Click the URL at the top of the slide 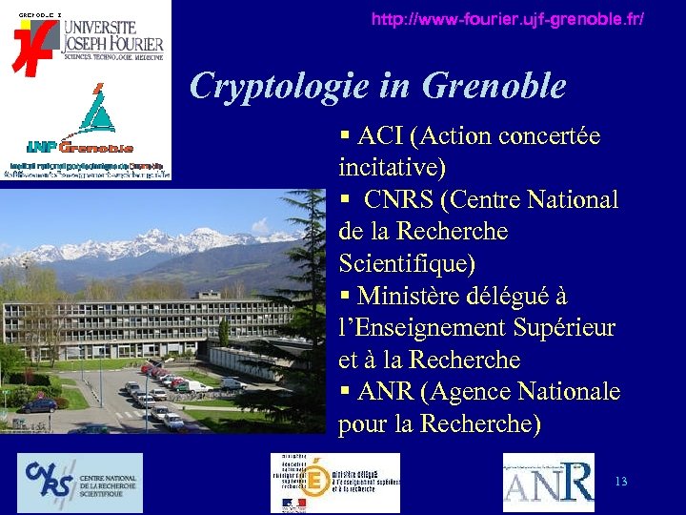(x=507, y=19)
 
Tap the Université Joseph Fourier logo (x=88, y=40)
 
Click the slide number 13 (x=621, y=482)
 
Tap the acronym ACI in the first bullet (x=380, y=136)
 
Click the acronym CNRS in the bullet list (x=400, y=200)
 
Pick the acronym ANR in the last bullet (x=392, y=392)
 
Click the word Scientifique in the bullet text (x=407, y=263)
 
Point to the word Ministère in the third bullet (x=411, y=296)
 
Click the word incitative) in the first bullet (x=392, y=169)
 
